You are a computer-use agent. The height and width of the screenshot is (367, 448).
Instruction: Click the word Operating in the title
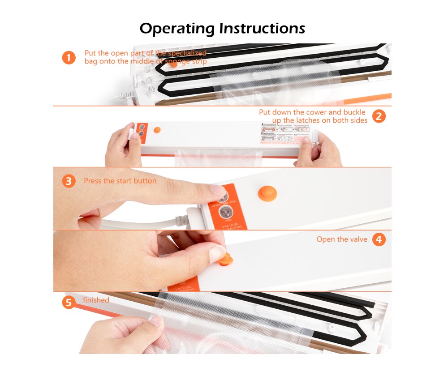[x=177, y=29]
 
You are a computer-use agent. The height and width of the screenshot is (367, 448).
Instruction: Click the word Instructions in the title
[x=262, y=29]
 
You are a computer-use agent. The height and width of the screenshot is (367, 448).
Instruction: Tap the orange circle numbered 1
[x=69, y=58]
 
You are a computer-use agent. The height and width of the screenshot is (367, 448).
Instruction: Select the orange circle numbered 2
[x=379, y=116]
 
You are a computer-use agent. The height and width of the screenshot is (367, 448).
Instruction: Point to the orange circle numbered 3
[x=69, y=181]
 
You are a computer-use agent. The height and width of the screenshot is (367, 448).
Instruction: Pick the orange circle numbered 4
[x=379, y=239]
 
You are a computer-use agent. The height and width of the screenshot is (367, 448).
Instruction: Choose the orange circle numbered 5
[x=69, y=303]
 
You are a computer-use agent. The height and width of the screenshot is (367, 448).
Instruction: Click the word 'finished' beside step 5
[x=96, y=300]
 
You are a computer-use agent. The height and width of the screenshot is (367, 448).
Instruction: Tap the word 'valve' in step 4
[x=357, y=239]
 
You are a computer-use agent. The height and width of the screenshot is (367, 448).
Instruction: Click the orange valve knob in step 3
[x=267, y=193]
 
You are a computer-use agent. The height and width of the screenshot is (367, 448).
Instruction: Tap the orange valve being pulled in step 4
[x=227, y=258]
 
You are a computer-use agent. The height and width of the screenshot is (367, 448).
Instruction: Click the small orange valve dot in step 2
[x=157, y=130]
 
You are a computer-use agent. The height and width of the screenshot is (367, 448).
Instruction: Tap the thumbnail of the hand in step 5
[x=156, y=321]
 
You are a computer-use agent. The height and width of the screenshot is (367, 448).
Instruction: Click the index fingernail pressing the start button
[x=218, y=190]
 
